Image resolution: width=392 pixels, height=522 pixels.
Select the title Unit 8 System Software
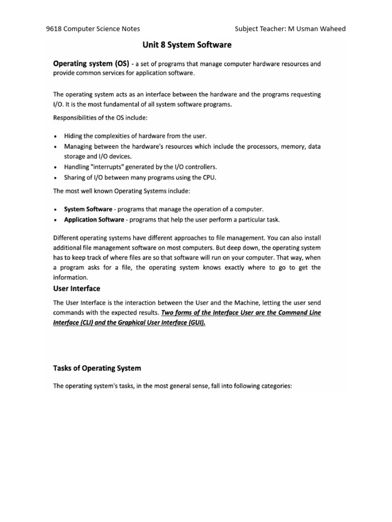pyautogui.click(x=187, y=45)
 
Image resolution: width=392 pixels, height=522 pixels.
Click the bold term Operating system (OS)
pyautogui.click(x=90, y=64)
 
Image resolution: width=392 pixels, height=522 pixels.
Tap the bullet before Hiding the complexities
pyautogui.click(x=55, y=137)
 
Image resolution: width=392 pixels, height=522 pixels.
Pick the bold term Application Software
pyautogui.click(x=94, y=220)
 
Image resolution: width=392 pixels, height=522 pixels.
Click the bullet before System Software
pyautogui.click(x=55, y=210)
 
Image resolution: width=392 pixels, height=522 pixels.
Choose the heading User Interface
pyautogui.click(x=77, y=289)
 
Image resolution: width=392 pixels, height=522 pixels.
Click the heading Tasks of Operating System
pyautogui.click(x=97, y=368)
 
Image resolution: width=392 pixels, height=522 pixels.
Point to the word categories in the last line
pyautogui.click(x=274, y=386)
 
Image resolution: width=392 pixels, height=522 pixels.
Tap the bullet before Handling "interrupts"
pyautogui.click(x=55, y=167)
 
